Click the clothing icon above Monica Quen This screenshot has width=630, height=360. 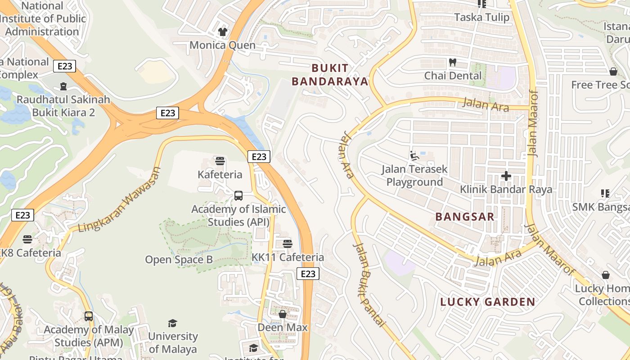click(x=223, y=31)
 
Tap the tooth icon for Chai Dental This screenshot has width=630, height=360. click(x=453, y=62)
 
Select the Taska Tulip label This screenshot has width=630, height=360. click(x=481, y=17)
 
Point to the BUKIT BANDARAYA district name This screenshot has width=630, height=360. click(x=330, y=75)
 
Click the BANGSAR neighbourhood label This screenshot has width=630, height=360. click(x=465, y=216)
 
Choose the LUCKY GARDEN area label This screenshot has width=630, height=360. click(x=487, y=302)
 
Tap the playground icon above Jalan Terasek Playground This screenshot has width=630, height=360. click(x=414, y=156)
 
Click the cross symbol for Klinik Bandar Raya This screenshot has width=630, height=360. click(x=506, y=176)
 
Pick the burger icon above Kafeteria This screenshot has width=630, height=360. click(x=220, y=161)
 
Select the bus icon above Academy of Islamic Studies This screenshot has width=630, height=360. click(x=238, y=196)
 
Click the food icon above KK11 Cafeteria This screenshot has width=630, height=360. click(x=288, y=244)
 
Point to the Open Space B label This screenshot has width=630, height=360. click(x=179, y=260)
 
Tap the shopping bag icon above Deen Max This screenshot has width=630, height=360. click(x=283, y=314)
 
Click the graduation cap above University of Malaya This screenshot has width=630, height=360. click(x=172, y=323)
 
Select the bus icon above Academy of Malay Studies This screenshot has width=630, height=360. click(x=89, y=316)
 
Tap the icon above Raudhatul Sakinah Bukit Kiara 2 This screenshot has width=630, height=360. click(x=63, y=86)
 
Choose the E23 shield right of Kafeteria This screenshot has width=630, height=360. click(x=259, y=157)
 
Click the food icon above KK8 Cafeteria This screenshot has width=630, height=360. click(x=27, y=239)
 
